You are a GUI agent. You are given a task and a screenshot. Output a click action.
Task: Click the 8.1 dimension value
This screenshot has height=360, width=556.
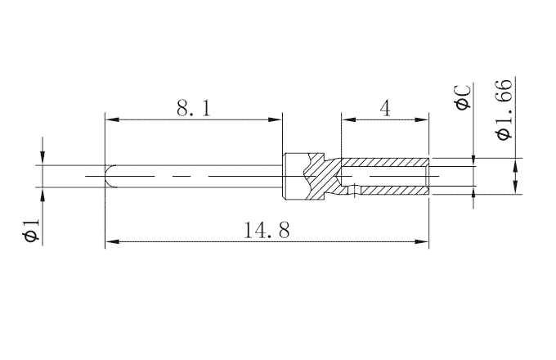click(x=194, y=108)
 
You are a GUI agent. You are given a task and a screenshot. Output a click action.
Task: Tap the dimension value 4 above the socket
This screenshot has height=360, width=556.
click(x=385, y=108)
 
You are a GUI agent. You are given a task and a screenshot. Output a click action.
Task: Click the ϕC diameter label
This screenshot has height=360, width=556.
click(x=462, y=99)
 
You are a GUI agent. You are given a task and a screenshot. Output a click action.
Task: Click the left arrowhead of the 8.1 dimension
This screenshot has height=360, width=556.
click(x=110, y=119)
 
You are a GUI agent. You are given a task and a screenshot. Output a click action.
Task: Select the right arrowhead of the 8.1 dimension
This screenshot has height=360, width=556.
click(x=276, y=119)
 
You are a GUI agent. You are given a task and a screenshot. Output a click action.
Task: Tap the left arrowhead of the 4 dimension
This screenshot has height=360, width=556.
click(x=347, y=119)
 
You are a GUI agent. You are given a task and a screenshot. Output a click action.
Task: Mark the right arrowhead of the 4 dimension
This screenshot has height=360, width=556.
click(x=424, y=119)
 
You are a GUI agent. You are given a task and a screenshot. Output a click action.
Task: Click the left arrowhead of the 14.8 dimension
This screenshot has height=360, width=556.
click(x=110, y=241)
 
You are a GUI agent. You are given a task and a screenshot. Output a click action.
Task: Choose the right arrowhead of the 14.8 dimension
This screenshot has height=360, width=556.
click(x=424, y=241)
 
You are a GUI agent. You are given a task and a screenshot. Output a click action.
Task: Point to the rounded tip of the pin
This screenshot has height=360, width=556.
click(x=109, y=177)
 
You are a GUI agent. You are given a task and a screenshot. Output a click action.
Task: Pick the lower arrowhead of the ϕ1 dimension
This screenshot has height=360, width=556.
click(x=42, y=192)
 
